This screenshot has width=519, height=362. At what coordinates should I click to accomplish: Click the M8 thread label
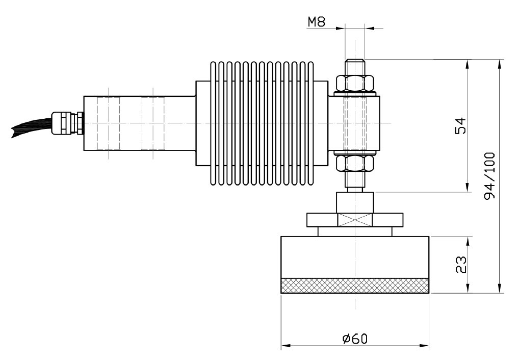point(317,22)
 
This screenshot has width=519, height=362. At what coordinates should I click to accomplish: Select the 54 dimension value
point(460,125)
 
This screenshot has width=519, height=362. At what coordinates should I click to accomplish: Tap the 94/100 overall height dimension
point(489,175)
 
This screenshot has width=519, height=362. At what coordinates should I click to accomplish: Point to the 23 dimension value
point(460,265)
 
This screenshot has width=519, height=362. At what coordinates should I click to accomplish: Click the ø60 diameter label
point(355,338)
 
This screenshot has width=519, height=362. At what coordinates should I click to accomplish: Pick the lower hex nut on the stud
point(355,164)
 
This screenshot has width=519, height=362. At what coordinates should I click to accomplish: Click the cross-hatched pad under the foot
point(355,286)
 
